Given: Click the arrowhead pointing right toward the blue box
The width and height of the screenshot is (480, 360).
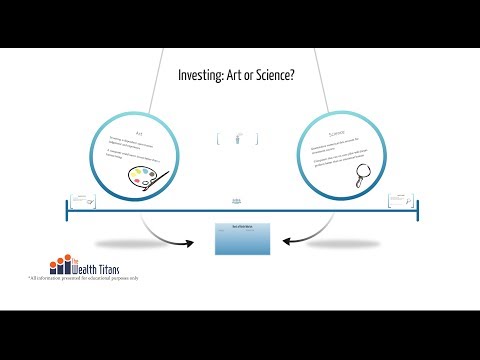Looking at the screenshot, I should pos(191,242).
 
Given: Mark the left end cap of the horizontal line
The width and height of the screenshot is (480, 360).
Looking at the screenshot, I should pos(68,210).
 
